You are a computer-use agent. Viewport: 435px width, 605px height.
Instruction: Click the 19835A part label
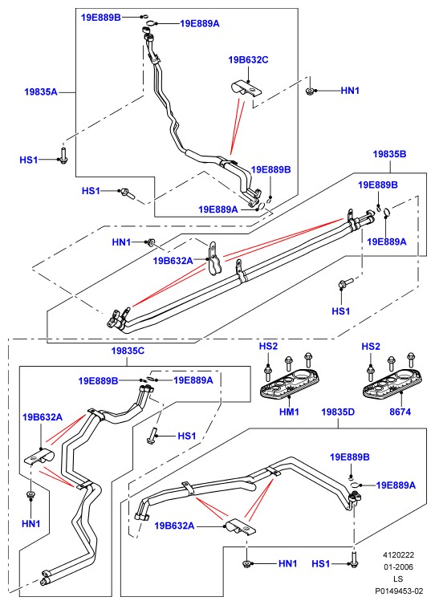tap(40, 91)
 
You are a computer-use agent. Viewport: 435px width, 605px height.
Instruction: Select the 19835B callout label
tap(389, 154)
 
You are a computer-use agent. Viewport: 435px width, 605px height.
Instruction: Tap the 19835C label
tap(128, 351)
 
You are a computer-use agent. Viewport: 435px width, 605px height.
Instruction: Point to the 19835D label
tap(338, 412)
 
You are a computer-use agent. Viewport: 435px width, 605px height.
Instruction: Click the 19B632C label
tap(248, 60)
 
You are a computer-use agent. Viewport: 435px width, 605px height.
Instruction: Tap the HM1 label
tap(289, 412)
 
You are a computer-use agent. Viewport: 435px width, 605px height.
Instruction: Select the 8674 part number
tap(400, 412)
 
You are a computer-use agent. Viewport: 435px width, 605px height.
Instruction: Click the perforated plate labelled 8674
tap(392, 383)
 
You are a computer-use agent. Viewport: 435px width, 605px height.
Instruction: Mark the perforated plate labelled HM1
tap(291, 383)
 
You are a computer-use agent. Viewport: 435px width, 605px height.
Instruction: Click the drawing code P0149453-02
tap(399, 591)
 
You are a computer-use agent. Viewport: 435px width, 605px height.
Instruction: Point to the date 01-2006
tap(398, 566)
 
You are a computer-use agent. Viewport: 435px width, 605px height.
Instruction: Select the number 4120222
tap(398, 554)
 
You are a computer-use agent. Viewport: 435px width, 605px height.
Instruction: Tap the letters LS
tap(398, 579)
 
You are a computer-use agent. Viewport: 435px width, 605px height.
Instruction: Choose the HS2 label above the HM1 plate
tap(268, 346)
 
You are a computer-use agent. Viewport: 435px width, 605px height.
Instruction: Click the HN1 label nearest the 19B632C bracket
tap(350, 91)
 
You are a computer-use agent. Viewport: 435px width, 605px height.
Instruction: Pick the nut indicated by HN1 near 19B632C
tap(309, 91)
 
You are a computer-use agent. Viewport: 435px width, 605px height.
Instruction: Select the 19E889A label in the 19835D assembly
tap(396, 485)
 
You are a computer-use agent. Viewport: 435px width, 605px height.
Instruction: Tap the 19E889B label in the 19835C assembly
tap(98, 380)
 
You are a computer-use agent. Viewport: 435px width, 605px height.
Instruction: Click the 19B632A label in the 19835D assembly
tap(174, 526)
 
